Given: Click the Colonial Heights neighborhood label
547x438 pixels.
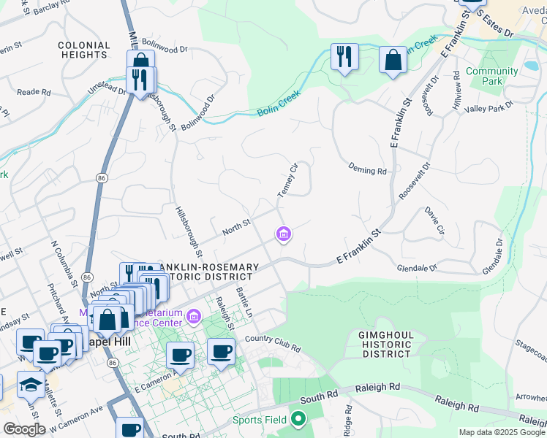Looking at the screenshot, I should click(x=84, y=50).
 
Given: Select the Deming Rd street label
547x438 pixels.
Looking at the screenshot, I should click(x=367, y=170).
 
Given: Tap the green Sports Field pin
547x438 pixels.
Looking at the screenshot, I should click(x=298, y=419).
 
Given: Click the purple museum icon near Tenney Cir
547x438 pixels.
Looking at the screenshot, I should click(x=283, y=234).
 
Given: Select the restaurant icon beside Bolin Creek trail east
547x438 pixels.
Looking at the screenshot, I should click(x=344, y=56).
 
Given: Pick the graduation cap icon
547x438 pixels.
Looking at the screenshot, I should click(x=31, y=384).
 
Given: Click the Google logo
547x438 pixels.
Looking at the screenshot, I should click(x=25, y=429).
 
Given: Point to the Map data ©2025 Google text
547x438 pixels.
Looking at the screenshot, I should click(x=502, y=432).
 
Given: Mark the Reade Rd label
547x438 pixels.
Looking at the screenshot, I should click(x=34, y=93).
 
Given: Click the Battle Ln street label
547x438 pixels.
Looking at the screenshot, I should click(x=244, y=301).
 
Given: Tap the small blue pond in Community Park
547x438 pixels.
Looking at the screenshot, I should click(x=530, y=67).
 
